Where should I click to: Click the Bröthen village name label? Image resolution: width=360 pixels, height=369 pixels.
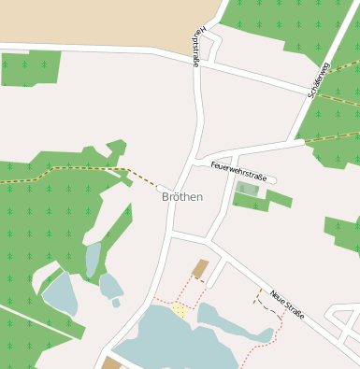click(181, 197)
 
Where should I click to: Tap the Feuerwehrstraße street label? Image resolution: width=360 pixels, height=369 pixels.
click(238, 171)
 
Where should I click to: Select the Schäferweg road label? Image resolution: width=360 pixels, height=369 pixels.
click(319, 79)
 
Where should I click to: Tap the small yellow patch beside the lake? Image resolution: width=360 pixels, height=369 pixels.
click(179, 310)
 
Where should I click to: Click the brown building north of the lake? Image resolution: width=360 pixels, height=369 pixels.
click(200, 270)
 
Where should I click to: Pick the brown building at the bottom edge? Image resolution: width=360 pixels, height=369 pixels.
click(111, 363)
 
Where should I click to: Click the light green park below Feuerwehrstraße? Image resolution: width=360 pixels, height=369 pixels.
click(247, 190)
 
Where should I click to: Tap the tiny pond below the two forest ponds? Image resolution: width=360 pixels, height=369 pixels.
click(116, 303)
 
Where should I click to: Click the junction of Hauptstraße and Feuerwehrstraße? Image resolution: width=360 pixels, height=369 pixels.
click(198, 161)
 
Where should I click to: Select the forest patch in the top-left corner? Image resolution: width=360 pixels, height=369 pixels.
click(31, 68)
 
